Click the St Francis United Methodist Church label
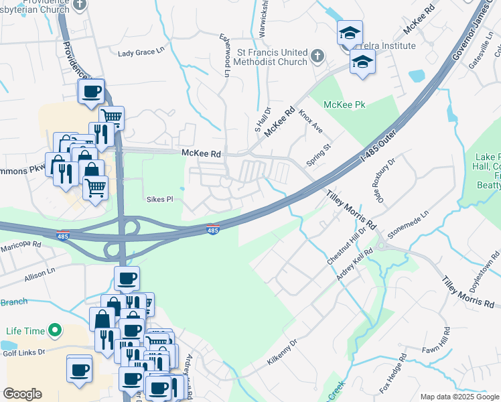pyautogui.click(x=273, y=58)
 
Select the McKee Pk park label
pyautogui.click(x=344, y=105)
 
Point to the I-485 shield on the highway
pyautogui.click(x=213, y=230)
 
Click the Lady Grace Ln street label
pyautogui.click(x=141, y=52)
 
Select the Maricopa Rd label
pyautogui.click(x=21, y=245)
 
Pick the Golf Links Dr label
pyautogui.click(x=23, y=352)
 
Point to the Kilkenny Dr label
pyautogui.click(x=281, y=351)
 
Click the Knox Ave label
pyautogui.click(x=311, y=121)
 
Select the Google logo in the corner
pyautogui.click(x=23, y=394)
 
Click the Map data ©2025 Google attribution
pyautogui.click(x=459, y=397)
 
